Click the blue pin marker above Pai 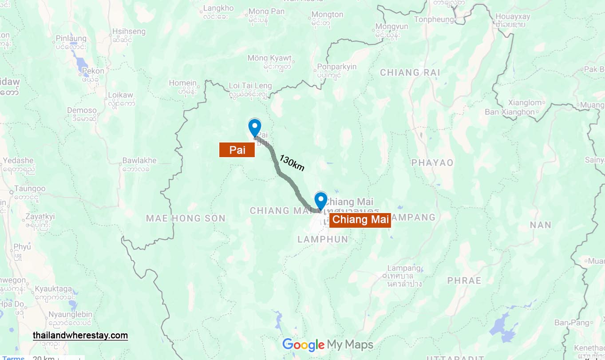(254, 127)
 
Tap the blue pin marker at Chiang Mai (320, 200)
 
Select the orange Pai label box (237, 150)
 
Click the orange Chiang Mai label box (360, 219)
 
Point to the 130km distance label (292, 163)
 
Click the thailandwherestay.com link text (80, 335)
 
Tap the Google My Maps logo (328, 344)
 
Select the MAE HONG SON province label (186, 218)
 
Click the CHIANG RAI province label (410, 72)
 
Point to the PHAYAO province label (432, 163)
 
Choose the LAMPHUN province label (323, 239)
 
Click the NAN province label (540, 225)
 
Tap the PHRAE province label (464, 281)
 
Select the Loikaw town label (121, 95)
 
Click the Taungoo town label (30, 189)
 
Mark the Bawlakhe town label (139, 160)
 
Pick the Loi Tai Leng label (250, 86)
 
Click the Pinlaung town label (71, 39)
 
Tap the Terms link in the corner (13, 358)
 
